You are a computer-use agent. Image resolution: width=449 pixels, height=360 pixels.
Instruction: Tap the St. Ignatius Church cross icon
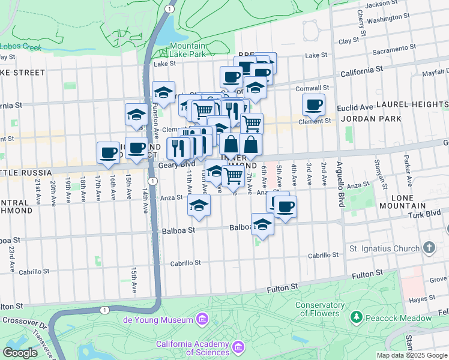[x=429, y=247]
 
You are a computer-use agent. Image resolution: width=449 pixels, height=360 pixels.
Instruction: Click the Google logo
[x=20, y=353]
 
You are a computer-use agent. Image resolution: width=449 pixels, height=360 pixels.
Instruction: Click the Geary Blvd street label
[x=176, y=164]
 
